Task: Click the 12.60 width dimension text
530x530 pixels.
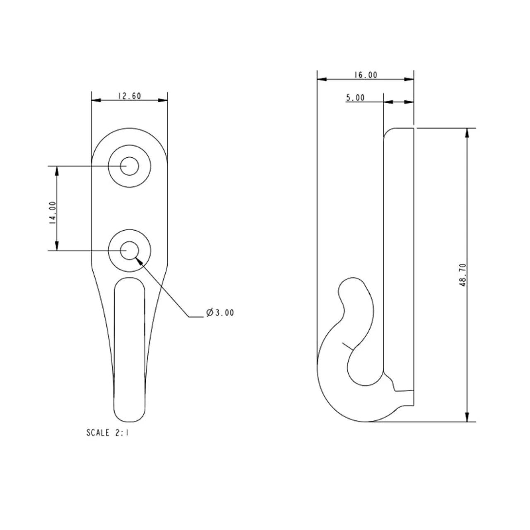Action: (129, 96)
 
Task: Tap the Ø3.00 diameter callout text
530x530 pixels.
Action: (220, 313)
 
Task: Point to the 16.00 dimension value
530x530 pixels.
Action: (366, 75)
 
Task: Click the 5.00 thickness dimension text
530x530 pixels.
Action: (355, 98)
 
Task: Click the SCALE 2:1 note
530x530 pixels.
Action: (107, 433)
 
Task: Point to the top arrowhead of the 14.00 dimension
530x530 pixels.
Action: (57, 171)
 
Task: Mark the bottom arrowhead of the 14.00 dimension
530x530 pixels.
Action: (57, 246)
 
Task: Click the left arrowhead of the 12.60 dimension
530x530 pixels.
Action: (96, 100)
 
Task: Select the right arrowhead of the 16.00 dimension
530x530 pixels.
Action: (409, 79)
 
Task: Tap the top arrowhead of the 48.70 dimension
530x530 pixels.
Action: (467, 133)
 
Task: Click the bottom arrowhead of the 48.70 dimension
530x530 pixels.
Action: (467, 417)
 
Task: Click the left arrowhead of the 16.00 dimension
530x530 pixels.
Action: (322, 79)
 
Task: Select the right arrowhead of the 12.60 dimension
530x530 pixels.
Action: (163, 100)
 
